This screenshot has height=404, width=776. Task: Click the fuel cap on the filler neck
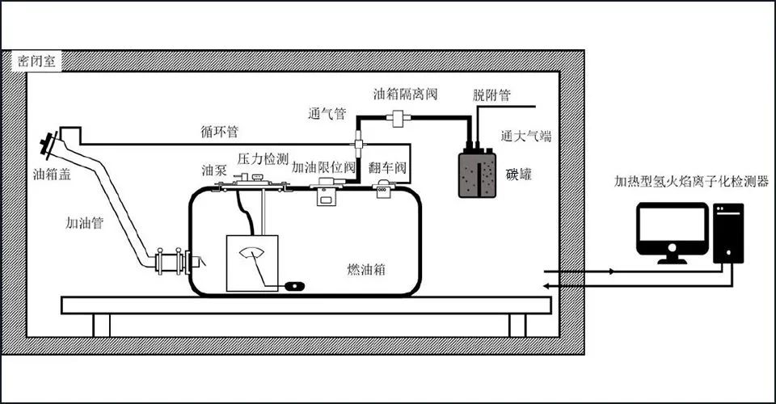pyautogui.click(x=50, y=146)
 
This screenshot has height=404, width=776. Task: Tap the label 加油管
pyautogui.click(x=85, y=222)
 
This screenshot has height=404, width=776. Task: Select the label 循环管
pyautogui.click(x=220, y=130)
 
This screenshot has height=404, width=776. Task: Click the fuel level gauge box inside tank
pyautogui.click(x=251, y=263)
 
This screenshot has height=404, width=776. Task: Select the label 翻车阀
pyautogui.click(x=386, y=169)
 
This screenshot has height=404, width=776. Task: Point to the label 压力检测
pyautogui.click(x=264, y=159)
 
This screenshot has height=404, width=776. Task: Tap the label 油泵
pyautogui.click(x=213, y=170)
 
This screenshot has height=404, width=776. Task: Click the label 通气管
pyautogui.click(x=328, y=114)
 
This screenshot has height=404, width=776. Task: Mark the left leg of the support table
pyautogui.click(x=101, y=325)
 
